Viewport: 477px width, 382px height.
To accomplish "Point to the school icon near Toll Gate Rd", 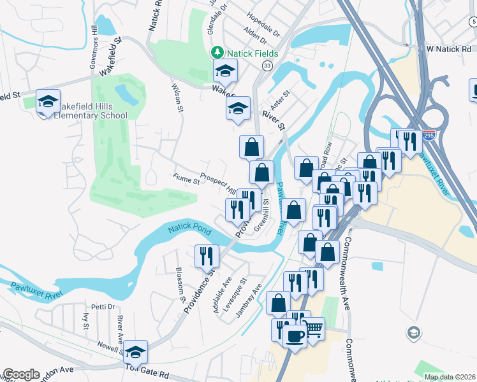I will [x=135, y=351].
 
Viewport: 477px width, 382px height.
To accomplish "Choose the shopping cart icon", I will [x=312, y=329].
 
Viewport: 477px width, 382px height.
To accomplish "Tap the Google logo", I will [x=21, y=374].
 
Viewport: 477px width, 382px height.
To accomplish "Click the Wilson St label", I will [x=177, y=97].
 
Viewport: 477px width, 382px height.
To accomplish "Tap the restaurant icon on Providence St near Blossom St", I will [x=206, y=257].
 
